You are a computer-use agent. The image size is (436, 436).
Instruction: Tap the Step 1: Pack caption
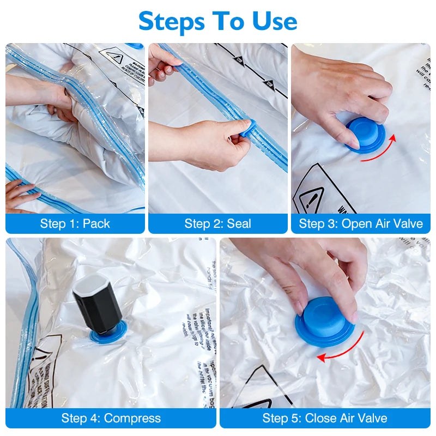pyautogui.click(x=75, y=223)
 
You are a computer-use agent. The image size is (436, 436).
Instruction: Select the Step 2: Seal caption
pyautogui.click(x=218, y=223)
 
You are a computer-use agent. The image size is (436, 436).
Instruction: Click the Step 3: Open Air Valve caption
pyautogui.click(x=361, y=223)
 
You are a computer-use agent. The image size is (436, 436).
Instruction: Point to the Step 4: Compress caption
pyautogui.click(x=111, y=418)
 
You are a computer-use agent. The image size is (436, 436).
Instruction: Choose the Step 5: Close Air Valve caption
pyautogui.click(x=325, y=418)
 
